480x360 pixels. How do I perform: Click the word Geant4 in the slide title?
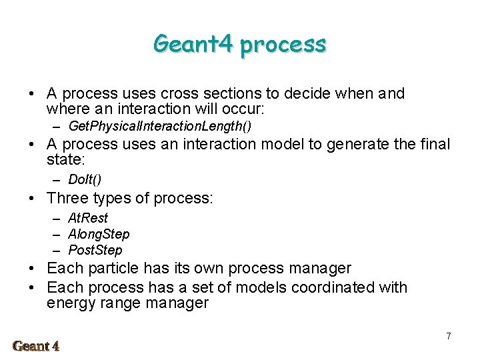tap(194, 44)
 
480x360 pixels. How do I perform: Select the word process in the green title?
tap(283, 44)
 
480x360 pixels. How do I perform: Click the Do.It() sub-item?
tap(85, 179)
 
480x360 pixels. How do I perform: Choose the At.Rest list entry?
tap(88, 218)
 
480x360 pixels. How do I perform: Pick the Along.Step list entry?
tap(99, 234)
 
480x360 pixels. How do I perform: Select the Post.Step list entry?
tap(95, 250)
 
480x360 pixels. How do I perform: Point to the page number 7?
tap(449, 336)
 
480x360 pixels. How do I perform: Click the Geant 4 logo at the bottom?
tap(36, 345)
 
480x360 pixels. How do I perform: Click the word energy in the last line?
tap(70, 304)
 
